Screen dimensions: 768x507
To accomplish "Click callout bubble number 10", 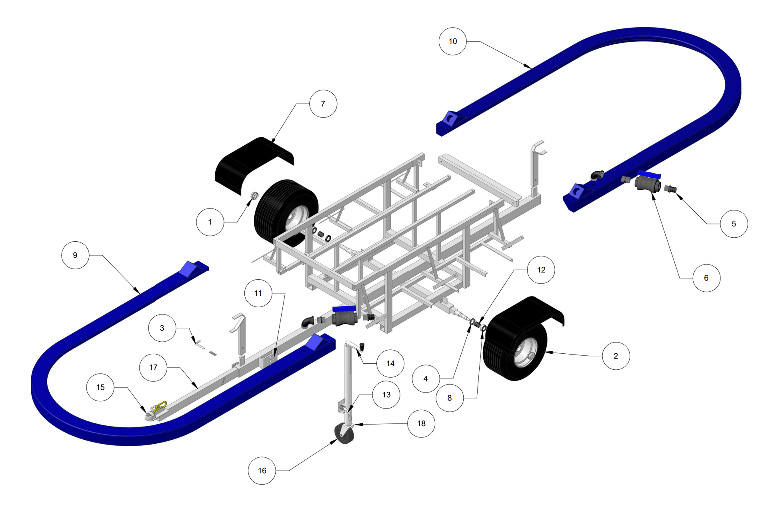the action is pyautogui.click(x=453, y=41).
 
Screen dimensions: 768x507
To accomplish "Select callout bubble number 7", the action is pyautogui.click(x=323, y=104).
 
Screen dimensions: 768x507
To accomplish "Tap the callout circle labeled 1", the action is pyautogui.click(x=210, y=222).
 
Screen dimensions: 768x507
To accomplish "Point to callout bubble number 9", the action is pyautogui.click(x=75, y=255).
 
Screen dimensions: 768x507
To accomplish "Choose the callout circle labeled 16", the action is pyautogui.click(x=262, y=471).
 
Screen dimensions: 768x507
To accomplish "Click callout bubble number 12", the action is pyautogui.click(x=541, y=270).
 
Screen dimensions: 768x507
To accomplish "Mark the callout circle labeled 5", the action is pyautogui.click(x=734, y=224).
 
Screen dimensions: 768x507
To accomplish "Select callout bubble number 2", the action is pyautogui.click(x=616, y=356).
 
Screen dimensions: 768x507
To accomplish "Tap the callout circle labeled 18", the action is pyautogui.click(x=421, y=423).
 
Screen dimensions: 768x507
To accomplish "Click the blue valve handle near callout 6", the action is pyautogui.click(x=649, y=175).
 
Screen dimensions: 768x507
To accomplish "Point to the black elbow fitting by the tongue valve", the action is pyautogui.click(x=308, y=322).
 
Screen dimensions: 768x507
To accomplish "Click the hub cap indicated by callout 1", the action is pyautogui.click(x=254, y=196).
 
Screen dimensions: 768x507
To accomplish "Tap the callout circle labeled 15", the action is pyautogui.click(x=100, y=387).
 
